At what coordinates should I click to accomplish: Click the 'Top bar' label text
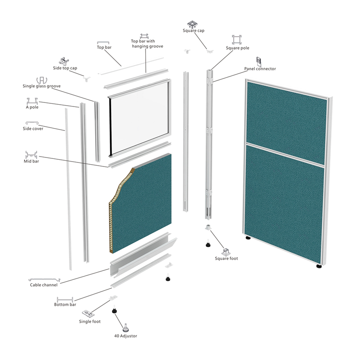104,47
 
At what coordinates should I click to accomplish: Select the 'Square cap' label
194,31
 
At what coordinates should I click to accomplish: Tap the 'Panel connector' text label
260,69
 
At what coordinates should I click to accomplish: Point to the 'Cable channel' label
44,285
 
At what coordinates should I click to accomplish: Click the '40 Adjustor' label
125,336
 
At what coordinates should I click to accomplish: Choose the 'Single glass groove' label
42,86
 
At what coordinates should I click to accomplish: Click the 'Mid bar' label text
32,161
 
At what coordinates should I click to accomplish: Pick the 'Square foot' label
227,259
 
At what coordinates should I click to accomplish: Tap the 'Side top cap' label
65,68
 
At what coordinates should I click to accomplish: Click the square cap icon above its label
193,23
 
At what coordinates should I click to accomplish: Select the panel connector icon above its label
259,61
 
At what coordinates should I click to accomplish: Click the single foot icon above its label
88,313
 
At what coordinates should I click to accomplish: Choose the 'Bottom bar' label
65,305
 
